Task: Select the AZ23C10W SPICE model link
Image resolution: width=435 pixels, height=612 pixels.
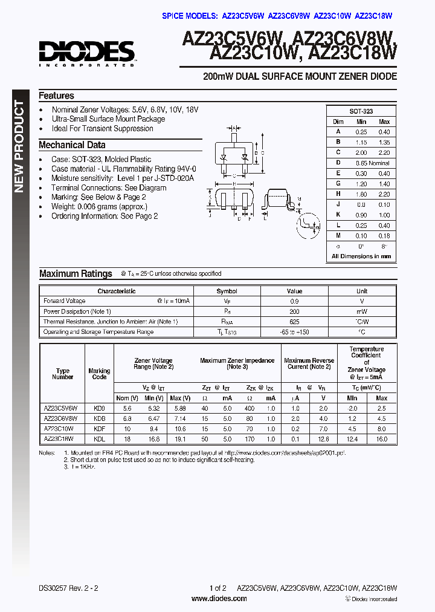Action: [332, 16]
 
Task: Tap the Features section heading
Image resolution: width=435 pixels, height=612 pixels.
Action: [56, 96]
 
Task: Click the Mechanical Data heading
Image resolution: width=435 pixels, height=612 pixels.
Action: [72, 145]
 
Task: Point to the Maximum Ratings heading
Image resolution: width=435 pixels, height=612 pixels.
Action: [76, 274]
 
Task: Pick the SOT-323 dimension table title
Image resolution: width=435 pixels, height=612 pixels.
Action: [361, 111]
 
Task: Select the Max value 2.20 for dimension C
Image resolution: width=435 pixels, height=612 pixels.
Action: [384, 153]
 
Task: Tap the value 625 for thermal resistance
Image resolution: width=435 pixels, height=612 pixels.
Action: [294, 322]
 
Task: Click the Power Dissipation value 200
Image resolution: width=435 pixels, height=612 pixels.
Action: [294, 311]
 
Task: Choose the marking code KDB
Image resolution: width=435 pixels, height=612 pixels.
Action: [100, 418]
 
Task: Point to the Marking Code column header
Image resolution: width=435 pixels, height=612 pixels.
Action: [100, 374]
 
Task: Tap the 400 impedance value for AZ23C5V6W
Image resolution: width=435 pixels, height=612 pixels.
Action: [249, 408]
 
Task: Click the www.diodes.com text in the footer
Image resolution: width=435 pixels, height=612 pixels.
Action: [219, 599]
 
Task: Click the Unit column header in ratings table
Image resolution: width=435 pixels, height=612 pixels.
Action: [362, 291]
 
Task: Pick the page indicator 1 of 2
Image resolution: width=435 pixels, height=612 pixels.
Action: [217, 588]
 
